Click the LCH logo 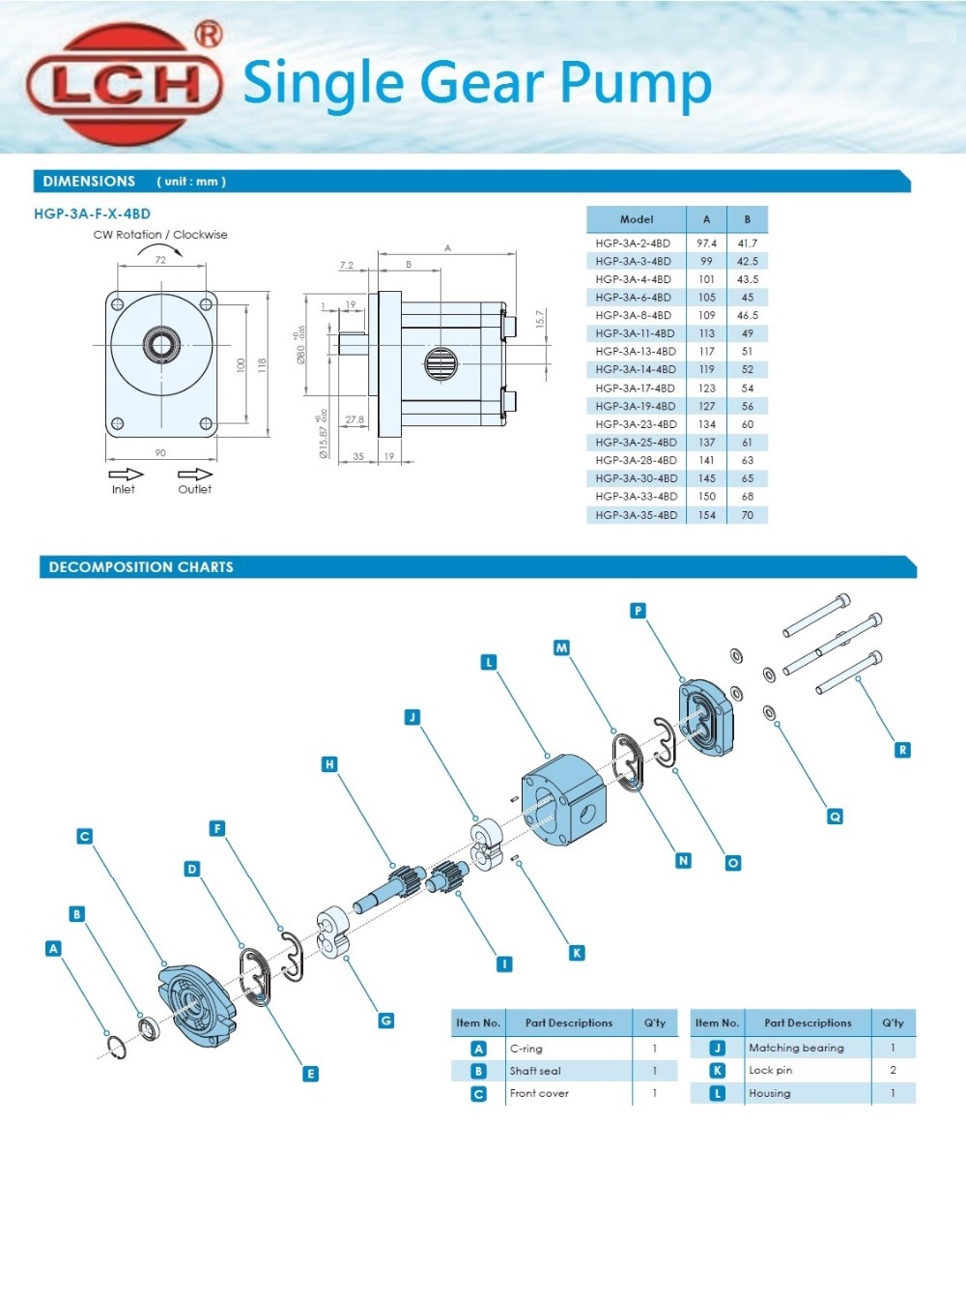125,84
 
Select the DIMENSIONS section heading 89,182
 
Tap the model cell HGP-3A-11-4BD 635,333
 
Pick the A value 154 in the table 707,515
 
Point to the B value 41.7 747,244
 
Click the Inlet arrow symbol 126,474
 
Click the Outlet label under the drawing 194,490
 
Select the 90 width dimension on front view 160,452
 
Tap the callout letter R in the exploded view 902,750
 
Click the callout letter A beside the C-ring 53,949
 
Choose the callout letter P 638,611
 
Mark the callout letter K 577,953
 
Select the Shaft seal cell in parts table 535,1071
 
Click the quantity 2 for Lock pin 893,1070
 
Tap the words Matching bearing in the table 796,1048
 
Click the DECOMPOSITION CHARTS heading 141,567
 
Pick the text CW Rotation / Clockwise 160,235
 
